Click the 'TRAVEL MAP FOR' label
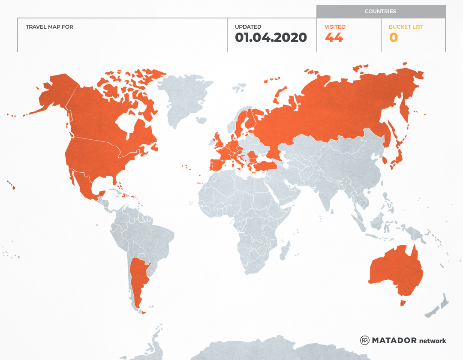49,27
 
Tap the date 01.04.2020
271,38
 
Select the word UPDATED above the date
248,27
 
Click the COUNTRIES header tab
380,12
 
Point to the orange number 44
334,38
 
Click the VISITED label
335,27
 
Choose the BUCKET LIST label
406,27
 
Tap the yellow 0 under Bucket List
393,38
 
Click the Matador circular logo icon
364,340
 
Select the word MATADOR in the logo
394,341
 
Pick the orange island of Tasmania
403,303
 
